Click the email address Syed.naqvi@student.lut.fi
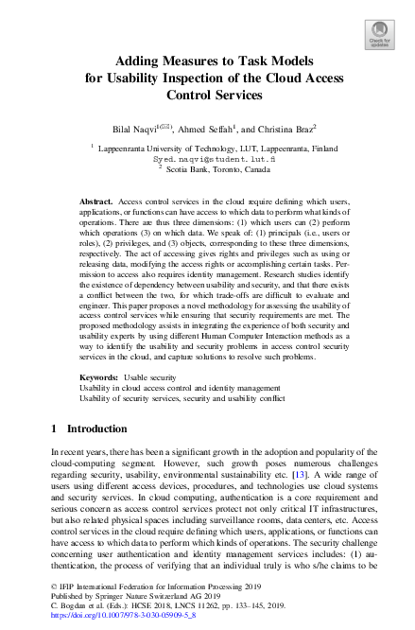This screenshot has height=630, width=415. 207,161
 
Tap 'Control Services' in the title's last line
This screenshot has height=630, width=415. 207,95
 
